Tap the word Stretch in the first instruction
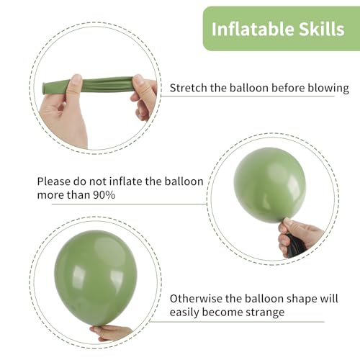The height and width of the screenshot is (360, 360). [189, 89]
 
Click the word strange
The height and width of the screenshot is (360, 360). [264, 312]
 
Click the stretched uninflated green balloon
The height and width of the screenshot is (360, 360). [94, 85]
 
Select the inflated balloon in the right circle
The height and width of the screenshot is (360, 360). [270, 184]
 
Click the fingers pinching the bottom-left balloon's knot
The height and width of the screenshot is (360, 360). [112, 332]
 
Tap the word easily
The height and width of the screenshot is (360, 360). [186, 312]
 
